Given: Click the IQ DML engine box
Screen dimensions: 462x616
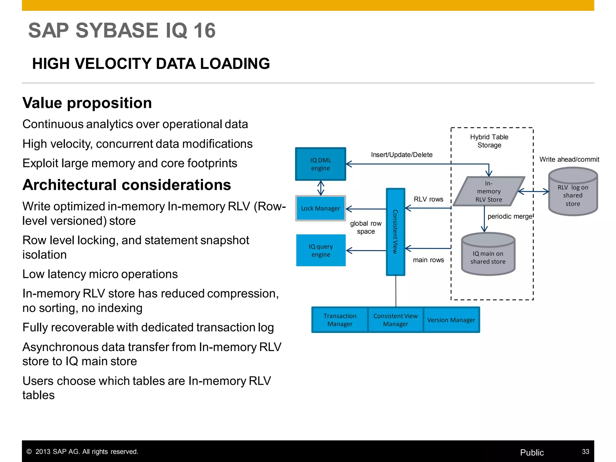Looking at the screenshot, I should pyautogui.click(x=321, y=164).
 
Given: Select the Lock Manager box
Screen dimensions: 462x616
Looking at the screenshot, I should pyautogui.click(x=321, y=208).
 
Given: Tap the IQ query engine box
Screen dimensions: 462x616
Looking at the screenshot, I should pyautogui.click(x=321, y=251).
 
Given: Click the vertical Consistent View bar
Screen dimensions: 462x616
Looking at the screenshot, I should pyautogui.click(x=395, y=232).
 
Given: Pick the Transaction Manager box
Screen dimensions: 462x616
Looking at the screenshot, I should pyautogui.click(x=340, y=320).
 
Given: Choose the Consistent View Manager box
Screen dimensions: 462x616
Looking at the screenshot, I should pyautogui.click(x=396, y=320).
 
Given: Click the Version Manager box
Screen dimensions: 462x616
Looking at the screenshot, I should pyautogui.click(x=451, y=320).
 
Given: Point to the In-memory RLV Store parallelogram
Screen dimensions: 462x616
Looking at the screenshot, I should pyautogui.click(x=489, y=192).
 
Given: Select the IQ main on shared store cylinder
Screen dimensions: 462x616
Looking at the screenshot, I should pyautogui.click(x=488, y=256).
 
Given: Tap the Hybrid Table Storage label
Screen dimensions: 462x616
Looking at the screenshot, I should pyautogui.click(x=489, y=141).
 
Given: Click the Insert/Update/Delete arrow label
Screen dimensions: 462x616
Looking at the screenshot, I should pyautogui.click(x=402, y=155).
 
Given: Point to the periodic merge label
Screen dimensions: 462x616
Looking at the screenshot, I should pyautogui.click(x=510, y=217).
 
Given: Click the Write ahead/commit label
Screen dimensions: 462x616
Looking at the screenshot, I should pyautogui.click(x=569, y=159).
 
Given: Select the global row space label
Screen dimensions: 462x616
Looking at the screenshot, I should pyautogui.click(x=366, y=227).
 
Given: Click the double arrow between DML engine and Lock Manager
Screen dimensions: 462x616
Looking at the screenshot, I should pyautogui.click(x=321, y=188).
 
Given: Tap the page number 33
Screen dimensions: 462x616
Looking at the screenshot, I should pyautogui.click(x=585, y=451).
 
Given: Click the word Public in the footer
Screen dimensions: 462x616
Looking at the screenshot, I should pyautogui.click(x=532, y=452).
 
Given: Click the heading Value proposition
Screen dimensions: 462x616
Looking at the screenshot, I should pyautogui.click(x=87, y=103).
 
